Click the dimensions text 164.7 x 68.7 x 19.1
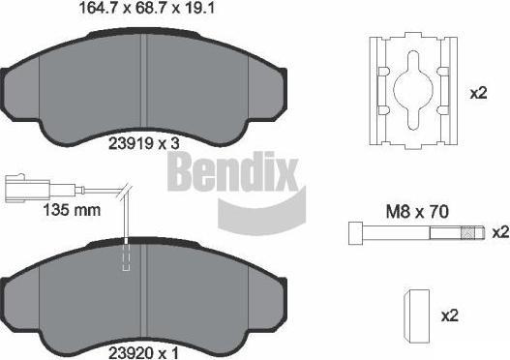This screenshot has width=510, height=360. (x=147, y=8)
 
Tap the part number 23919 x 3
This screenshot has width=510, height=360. (x=144, y=143)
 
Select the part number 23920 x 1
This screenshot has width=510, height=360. (x=143, y=353)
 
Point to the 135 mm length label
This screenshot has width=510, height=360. (x=72, y=210)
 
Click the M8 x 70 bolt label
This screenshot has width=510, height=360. (x=417, y=212)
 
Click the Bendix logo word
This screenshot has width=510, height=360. (x=232, y=171)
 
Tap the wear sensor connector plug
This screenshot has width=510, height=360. (x=28, y=189)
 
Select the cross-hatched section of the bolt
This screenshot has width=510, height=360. (x=467, y=233)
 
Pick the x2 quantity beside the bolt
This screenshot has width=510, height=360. (x=500, y=232)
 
